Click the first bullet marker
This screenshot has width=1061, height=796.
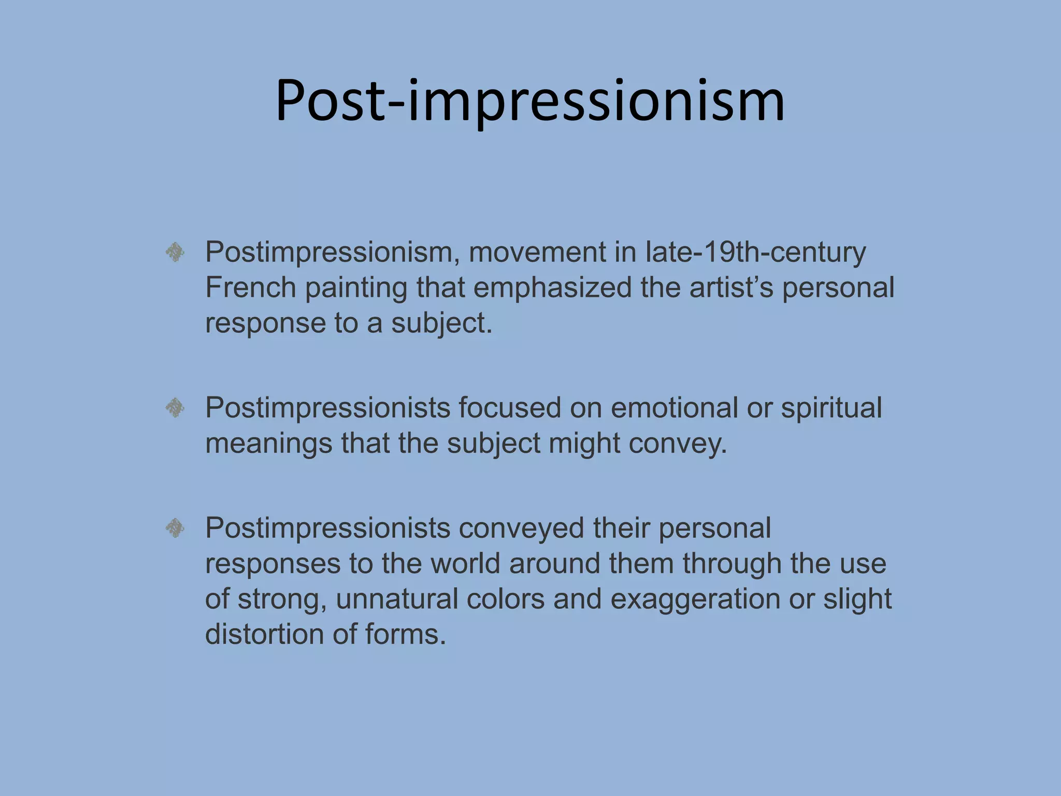pyautogui.click(x=175, y=253)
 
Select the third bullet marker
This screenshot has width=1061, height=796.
pyautogui.click(x=175, y=529)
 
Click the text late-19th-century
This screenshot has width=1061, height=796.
pyautogui.click(x=755, y=253)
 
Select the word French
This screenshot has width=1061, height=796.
pyautogui.click(x=250, y=288)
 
